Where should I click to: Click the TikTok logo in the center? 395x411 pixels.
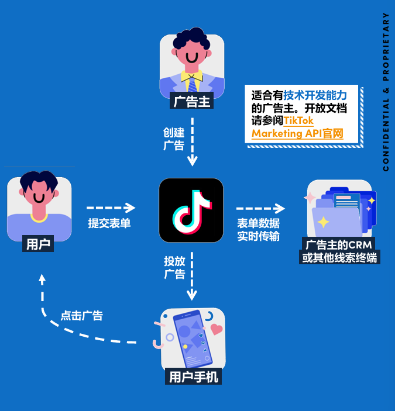[x=191, y=210]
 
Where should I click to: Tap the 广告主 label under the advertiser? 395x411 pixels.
[x=191, y=102]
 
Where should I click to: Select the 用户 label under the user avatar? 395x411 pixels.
[x=38, y=244]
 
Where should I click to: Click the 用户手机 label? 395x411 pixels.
[x=193, y=377]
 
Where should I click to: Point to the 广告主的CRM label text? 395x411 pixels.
[x=339, y=244]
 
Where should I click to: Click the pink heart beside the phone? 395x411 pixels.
[x=217, y=329]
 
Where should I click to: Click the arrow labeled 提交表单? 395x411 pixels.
[x=111, y=208]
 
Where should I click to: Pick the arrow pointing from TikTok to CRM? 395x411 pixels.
[x=260, y=208]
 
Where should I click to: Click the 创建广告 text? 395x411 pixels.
[x=174, y=138]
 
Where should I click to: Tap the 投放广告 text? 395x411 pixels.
[x=174, y=267]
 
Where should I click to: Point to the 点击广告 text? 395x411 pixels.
[x=82, y=316]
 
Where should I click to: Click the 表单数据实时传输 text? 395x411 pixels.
[x=258, y=230]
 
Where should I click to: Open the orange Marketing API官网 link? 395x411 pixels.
[x=297, y=133]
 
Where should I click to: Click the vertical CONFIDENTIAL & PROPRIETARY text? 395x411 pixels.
[x=386, y=92]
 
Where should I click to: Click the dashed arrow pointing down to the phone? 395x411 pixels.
[x=191, y=278]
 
